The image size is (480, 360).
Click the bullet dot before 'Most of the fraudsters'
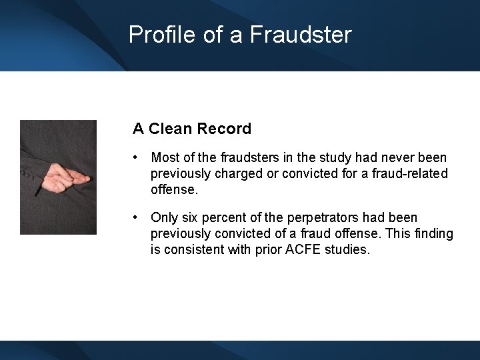coord(136,157)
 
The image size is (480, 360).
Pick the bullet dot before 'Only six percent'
coord(136,217)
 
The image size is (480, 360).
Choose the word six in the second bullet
coord(187,217)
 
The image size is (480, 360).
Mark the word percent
coord(221,217)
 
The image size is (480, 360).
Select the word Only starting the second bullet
coord(164,217)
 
